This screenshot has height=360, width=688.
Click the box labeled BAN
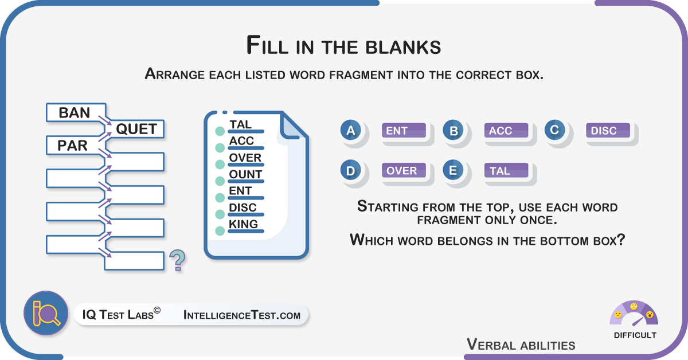coord(76,112)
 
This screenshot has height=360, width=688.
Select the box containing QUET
coord(135,129)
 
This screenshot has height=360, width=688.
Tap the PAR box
coord(76,145)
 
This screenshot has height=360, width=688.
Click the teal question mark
coord(178,260)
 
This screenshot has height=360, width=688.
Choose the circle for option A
coord(350,130)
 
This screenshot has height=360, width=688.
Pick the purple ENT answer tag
coord(404,131)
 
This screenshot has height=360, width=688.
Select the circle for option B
coord(453,130)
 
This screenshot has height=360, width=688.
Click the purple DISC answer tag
coord(608,131)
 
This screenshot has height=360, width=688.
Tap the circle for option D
coord(350,170)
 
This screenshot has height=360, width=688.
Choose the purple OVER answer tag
coord(404,170)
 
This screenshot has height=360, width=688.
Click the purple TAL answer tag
coord(506,170)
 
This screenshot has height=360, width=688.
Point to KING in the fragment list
coord(243,224)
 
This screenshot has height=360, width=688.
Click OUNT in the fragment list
coord(245,174)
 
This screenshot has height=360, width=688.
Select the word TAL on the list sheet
coord(240,124)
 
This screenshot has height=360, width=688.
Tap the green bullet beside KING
coord(220,230)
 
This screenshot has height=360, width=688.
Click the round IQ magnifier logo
coord(46,313)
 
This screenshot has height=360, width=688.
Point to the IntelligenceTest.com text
coord(242,315)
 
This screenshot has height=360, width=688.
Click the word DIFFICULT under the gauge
coord(635,335)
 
